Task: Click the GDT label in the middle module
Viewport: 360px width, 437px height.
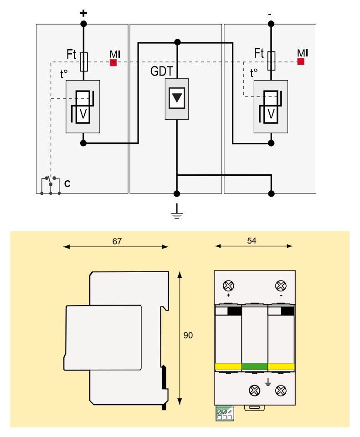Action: (x=161, y=71)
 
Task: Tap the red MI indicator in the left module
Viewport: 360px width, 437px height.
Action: (x=113, y=62)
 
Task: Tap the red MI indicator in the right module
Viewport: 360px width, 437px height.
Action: (x=301, y=61)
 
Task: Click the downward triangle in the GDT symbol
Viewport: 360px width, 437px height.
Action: (x=176, y=98)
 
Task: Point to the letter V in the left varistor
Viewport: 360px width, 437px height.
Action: (x=83, y=114)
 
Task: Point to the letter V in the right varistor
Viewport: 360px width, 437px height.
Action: (x=271, y=114)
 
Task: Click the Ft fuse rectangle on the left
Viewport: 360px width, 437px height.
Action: (x=83, y=62)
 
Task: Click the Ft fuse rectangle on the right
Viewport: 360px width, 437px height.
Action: (x=271, y=61)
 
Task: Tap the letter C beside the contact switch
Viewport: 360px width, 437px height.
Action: (x=67, y=184)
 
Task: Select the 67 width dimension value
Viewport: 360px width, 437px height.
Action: (x=117, y=241)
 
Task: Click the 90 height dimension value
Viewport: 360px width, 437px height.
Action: (x=188, y=335)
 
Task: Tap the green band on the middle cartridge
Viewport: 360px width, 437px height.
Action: (x=254, y=366)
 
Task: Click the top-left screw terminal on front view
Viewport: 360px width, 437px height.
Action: (x=228, y=285)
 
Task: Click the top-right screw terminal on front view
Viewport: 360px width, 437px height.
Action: (x=281, y=285)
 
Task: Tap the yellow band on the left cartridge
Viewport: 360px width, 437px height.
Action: (x=227, y=366)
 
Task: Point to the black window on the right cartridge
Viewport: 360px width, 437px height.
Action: (x=287, y=311)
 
